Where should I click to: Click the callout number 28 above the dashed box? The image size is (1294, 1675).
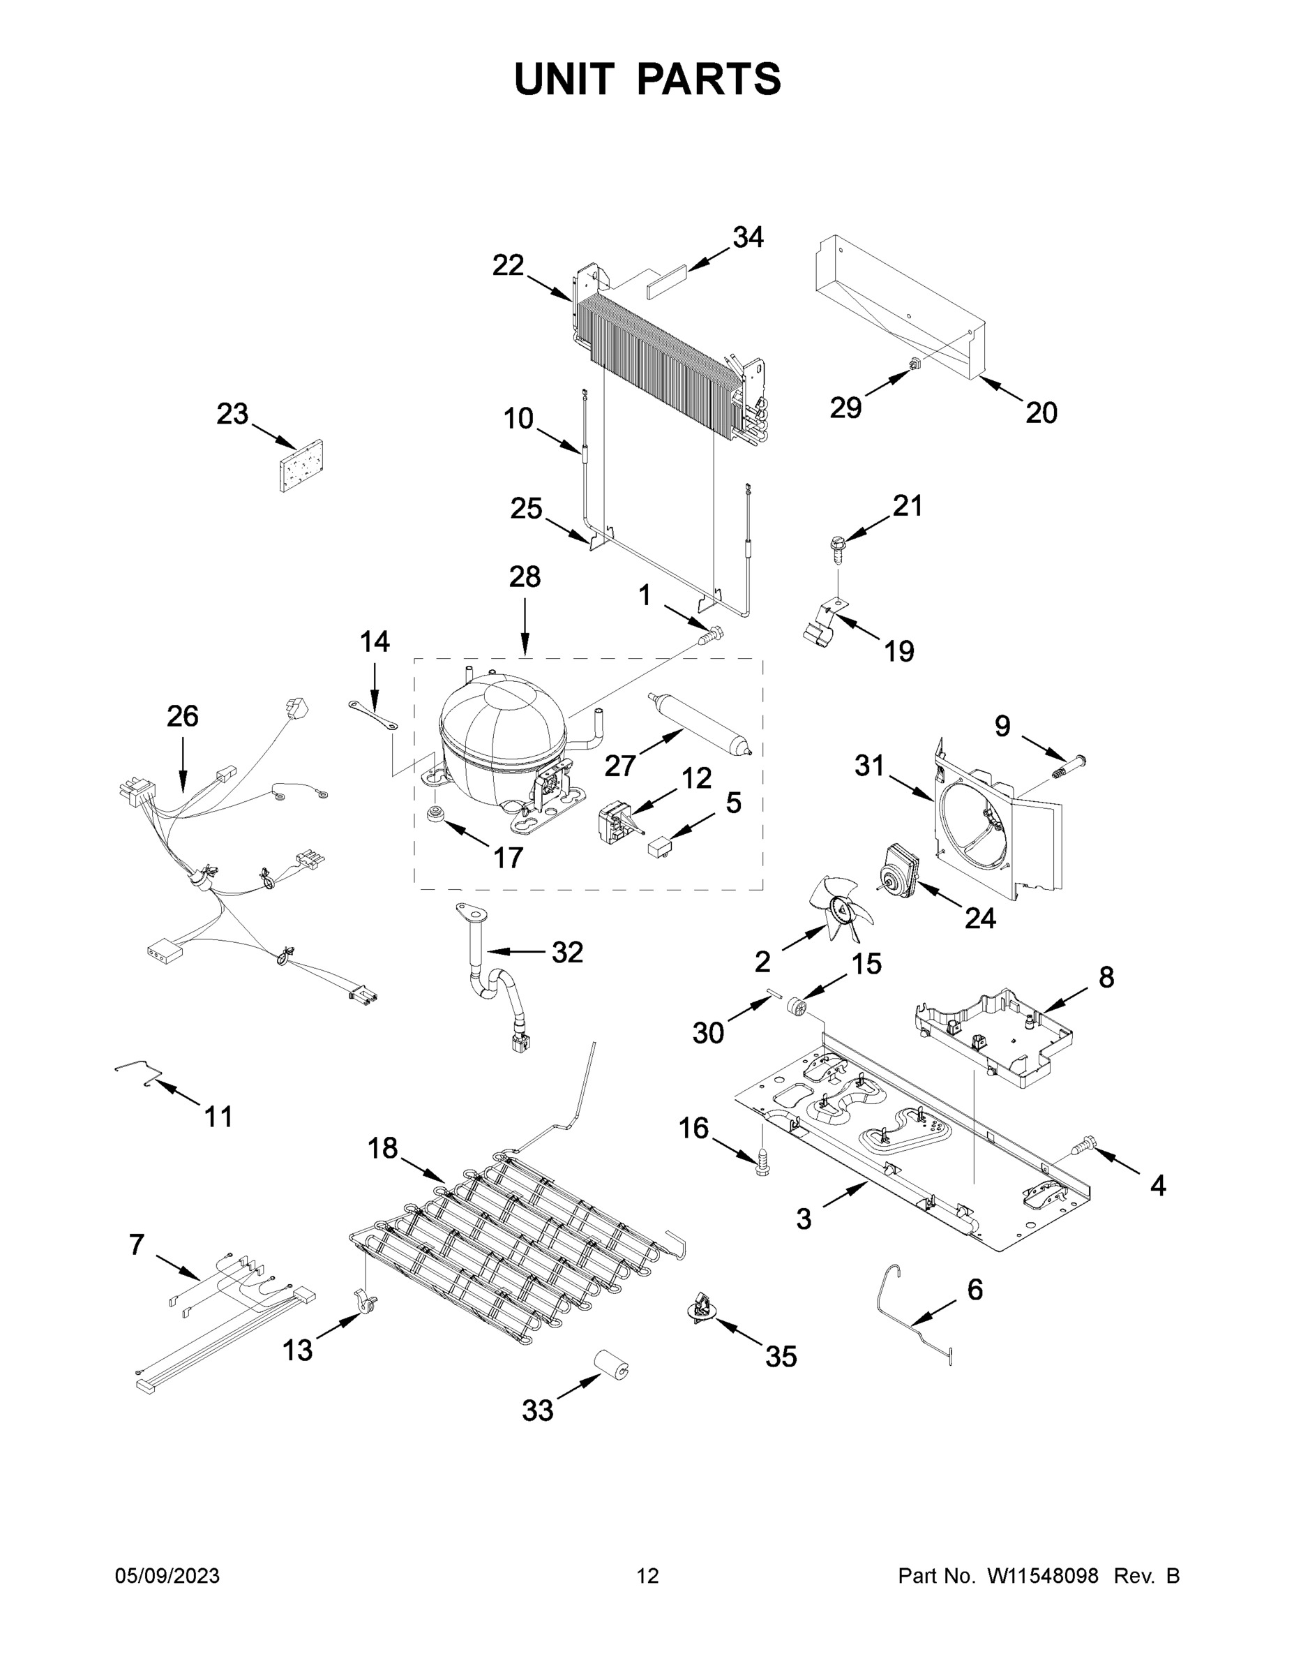click(x=525, y=576)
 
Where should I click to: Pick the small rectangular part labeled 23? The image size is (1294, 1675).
click(x=301, y=466)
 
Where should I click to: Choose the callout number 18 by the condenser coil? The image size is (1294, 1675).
click(x=382, y=1149)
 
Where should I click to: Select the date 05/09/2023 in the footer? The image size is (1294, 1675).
click(x=167, y=1575)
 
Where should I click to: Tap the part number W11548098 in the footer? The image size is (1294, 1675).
click(x=1043, y=1575)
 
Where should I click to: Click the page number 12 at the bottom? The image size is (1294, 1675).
click(x=647, y=1575)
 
